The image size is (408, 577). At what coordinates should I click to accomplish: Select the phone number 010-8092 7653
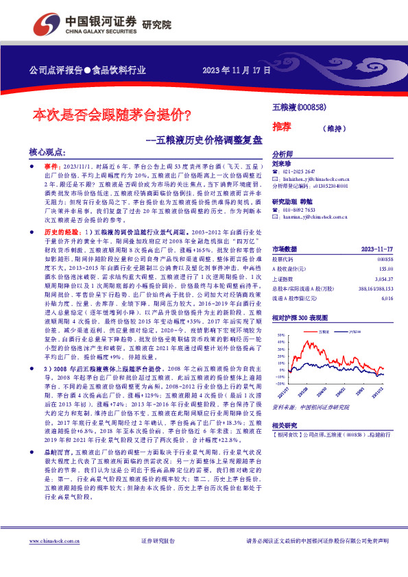(x=300, y=210)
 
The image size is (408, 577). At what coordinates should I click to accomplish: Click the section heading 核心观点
(x=47, y=153)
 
